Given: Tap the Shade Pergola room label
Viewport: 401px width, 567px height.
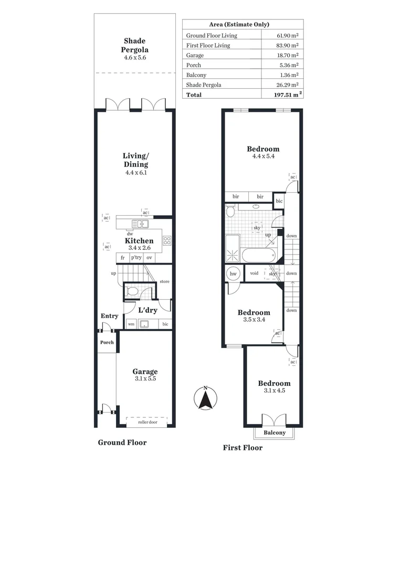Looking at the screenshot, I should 135,45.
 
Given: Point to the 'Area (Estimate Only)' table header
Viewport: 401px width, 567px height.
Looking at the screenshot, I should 242,25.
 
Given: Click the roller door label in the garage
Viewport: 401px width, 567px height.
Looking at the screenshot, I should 147,422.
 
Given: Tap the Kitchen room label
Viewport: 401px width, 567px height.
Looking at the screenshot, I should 139,241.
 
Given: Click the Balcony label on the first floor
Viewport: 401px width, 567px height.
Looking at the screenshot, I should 275,433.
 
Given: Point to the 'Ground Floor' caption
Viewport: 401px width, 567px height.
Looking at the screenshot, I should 122,443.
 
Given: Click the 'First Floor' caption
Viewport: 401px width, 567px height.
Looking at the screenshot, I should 242,448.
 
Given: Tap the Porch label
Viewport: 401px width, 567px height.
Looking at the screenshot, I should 107,342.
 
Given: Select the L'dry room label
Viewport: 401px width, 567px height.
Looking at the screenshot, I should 147,310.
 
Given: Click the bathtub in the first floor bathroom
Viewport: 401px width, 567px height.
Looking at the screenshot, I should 258,256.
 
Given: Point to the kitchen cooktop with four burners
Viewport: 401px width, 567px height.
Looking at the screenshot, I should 167,241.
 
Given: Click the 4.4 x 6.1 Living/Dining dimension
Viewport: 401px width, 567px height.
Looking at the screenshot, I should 135,172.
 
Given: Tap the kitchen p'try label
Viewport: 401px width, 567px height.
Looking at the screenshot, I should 136,258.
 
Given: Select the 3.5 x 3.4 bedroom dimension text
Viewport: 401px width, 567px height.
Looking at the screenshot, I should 254,319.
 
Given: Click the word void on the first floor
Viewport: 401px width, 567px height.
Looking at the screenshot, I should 254,274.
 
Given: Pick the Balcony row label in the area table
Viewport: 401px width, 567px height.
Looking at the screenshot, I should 197,75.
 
